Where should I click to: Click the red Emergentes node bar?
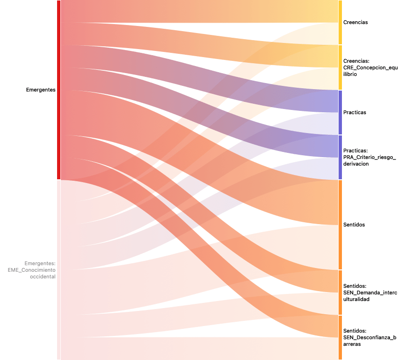(59, 90)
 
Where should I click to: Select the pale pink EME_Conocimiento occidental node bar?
(59, 269)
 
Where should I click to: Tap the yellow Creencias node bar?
(340, 22)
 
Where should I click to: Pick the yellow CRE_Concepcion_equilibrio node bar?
(340, 67)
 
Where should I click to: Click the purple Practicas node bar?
(340, 112)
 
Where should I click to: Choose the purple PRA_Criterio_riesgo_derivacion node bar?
(340, 157)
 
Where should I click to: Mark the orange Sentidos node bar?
(340, 225)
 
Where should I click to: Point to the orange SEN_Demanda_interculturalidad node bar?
(340, 293)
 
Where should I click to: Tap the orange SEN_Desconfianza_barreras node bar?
(340, 337)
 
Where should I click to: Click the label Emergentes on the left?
(41, 90)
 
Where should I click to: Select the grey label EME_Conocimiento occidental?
(32, 270)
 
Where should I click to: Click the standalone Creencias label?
(356, 22)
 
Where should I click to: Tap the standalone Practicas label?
(355, 112)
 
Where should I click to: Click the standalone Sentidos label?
(354, 225)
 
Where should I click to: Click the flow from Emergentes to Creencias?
(200, 11)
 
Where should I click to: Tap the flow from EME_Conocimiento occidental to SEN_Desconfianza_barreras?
(200, 349)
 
